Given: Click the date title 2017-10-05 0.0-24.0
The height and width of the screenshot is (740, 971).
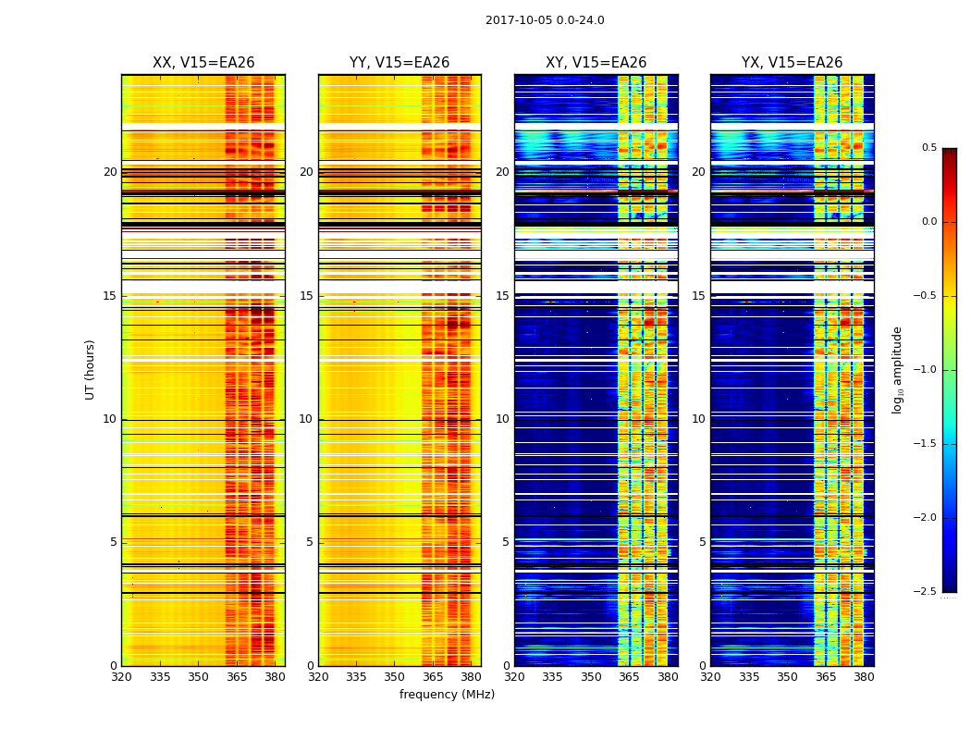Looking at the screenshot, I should click(545, 20).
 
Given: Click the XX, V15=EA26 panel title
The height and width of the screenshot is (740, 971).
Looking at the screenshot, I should click(203, 63).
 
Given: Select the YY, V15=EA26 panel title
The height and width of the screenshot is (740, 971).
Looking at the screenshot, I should click(399, 63).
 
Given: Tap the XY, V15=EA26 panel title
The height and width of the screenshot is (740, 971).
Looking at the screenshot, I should click(596, 63).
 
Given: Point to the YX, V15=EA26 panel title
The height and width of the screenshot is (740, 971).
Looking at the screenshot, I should click(793, 63).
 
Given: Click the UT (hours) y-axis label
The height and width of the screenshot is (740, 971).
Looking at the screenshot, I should click(90, 369).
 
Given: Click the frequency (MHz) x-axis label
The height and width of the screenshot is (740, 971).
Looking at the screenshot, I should click(447, 695).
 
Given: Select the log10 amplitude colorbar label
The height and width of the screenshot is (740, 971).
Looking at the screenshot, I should click(897, 369).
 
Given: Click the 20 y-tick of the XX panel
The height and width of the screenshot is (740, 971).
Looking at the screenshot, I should click(110, 172).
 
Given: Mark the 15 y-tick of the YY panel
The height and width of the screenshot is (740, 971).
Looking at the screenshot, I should click(306, 296).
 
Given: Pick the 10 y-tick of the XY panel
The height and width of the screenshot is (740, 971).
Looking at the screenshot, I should click(502, 419).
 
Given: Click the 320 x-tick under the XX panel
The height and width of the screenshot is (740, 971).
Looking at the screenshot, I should click(121, 677).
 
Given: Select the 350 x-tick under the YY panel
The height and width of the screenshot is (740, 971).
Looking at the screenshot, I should click(394, 677).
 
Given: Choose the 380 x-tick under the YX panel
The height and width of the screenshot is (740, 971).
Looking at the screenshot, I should click(864, 677).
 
